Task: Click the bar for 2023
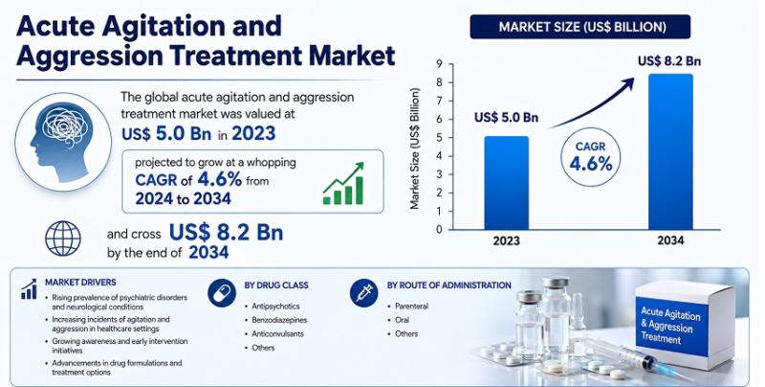[x=507, y=183]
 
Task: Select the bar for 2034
[x=670, y=151]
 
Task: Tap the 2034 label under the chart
[x=670, y=240]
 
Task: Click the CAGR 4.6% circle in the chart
[x=590, y=158]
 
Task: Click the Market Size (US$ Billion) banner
[x=580, y=27]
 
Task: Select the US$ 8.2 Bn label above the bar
[x=669, y=61]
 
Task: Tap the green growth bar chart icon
[x=343, y=183]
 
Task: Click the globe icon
[x=63, y=239]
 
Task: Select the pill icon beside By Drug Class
[x=222, y=293]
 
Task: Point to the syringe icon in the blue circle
[x=364, y=293]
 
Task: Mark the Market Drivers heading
[x=80, y=283]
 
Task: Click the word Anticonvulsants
[x=277, y=333]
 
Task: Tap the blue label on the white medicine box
[x=671, y=325]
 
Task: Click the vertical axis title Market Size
[x=415, y=148]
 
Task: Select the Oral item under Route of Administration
[x=403, y=320]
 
